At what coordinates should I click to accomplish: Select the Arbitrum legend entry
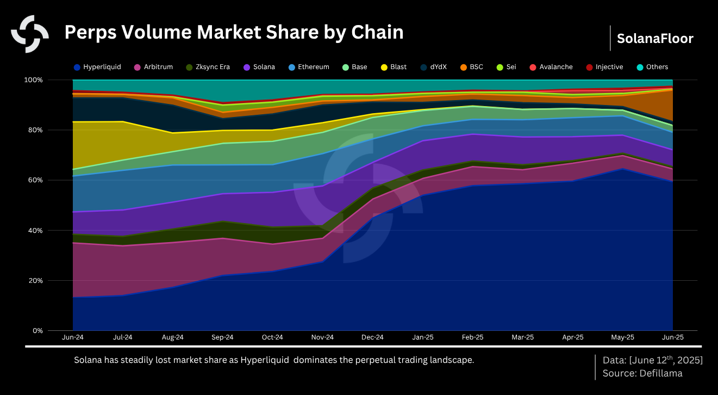coord(157,67)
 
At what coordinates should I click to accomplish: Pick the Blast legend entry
coord(398,67)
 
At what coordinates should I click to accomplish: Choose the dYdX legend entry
coord(438,67)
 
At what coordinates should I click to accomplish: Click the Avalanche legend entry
coord(556,67)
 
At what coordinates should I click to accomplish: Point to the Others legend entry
coord(657,67)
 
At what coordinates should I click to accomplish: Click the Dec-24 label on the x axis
coord(372,337)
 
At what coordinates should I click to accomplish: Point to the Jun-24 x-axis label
coord(72,337)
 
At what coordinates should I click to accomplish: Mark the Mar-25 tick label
coord(522,337)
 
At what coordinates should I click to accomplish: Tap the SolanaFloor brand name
coord(655,39)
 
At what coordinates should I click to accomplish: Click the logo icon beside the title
coord(30,34)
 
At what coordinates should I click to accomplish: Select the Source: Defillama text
coord(642,373)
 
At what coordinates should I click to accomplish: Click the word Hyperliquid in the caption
coord(265,360)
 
